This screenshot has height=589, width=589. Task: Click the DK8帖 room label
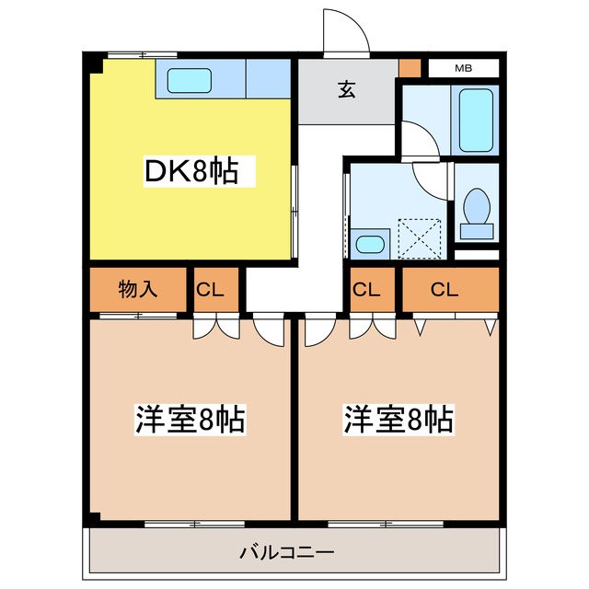190,172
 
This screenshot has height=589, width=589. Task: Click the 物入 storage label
138,289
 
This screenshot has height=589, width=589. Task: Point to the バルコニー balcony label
286,553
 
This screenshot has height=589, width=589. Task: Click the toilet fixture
476,205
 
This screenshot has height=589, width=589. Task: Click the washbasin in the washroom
370,244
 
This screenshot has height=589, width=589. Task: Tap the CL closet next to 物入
210,289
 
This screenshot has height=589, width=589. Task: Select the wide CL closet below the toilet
444,289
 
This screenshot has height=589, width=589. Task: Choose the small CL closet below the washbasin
366,289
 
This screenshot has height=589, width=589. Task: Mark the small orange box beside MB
410,68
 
